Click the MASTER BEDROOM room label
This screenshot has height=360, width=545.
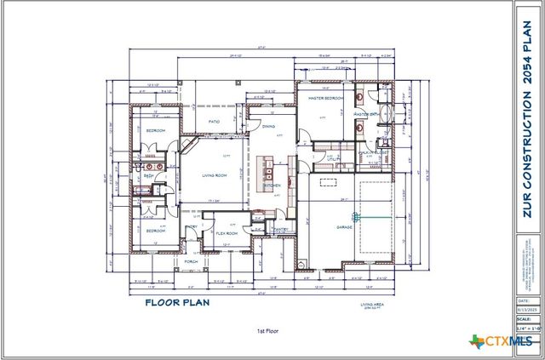(324, 99)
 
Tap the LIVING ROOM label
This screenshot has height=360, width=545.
(214, 175)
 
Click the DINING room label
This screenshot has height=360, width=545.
(268, 127)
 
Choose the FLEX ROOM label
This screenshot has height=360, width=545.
(226, 232)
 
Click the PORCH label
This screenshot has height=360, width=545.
(191, 260)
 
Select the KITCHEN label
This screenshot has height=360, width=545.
(272, 185)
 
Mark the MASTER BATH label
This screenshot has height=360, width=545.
(367, 113)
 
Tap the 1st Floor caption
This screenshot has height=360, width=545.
(267, 330)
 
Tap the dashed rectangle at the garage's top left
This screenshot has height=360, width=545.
(328, 180)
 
